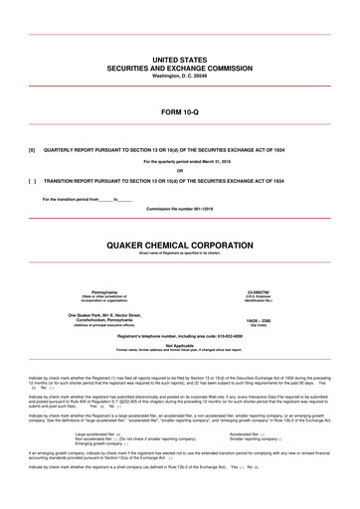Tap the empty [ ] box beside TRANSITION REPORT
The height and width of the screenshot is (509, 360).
point(33,182)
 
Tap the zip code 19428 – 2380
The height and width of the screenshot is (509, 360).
point(261,318)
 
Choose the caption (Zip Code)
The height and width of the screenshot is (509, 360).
point(261,324)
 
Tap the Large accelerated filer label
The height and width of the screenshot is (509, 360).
point(96,433)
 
